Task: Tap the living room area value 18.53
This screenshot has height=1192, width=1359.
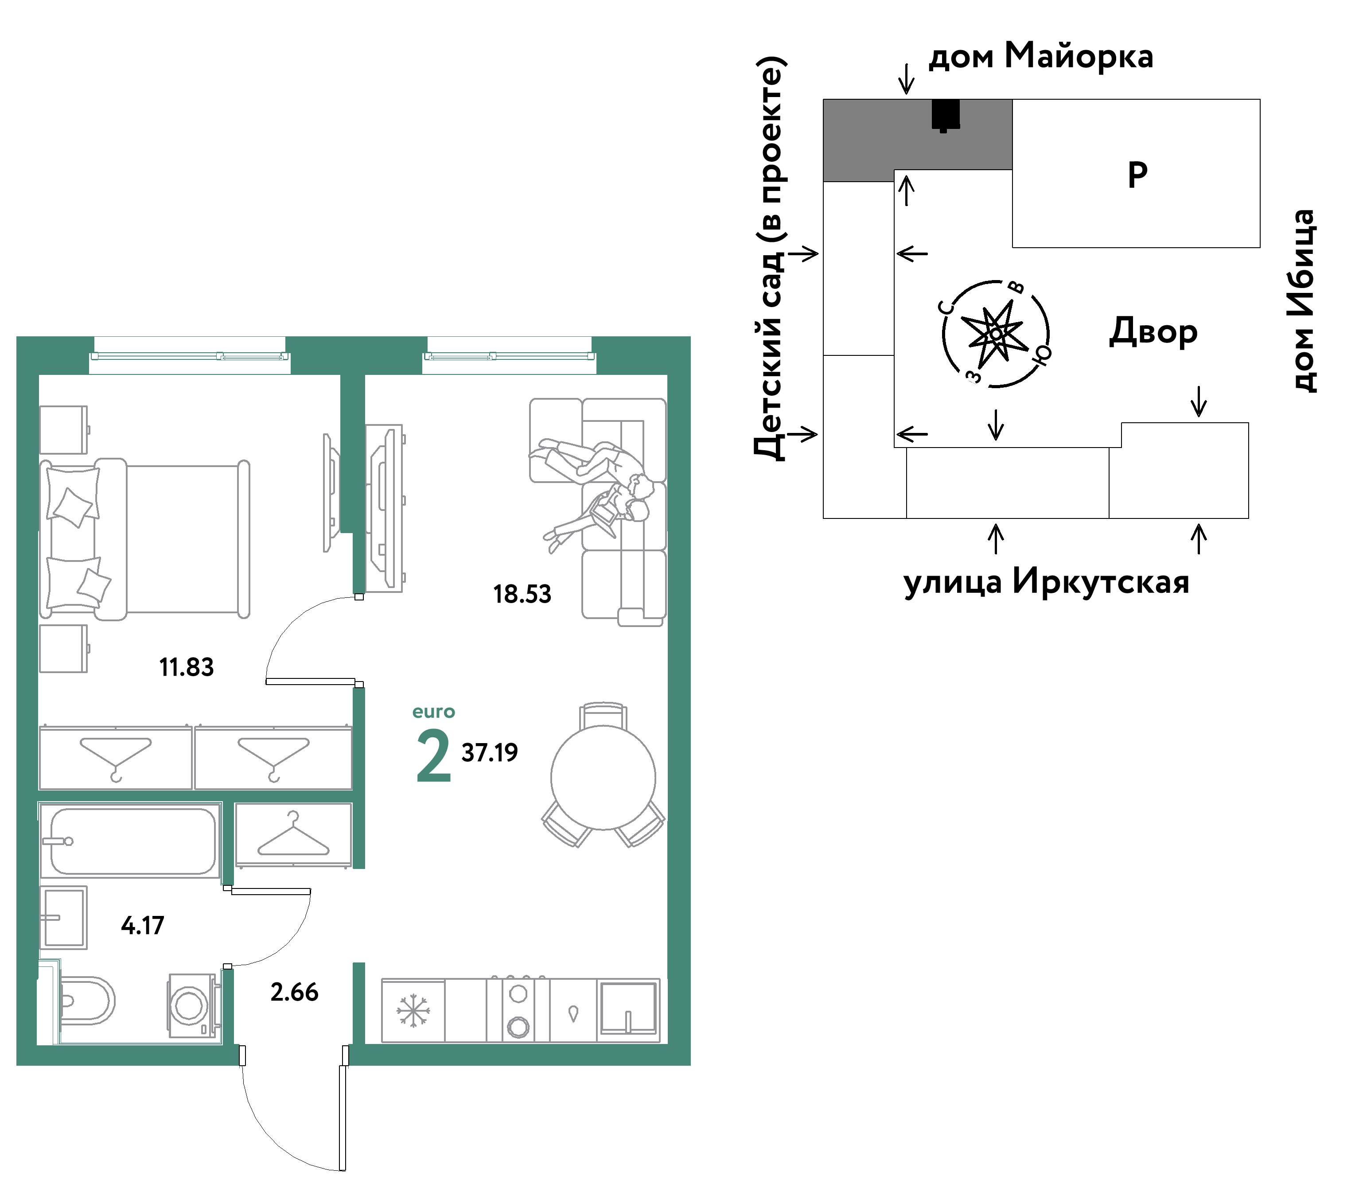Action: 522,594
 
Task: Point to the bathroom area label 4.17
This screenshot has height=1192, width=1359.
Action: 142,925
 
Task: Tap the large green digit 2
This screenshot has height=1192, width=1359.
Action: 433,756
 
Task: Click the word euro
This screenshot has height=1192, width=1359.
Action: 433,712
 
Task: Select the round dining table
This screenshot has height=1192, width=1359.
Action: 603,778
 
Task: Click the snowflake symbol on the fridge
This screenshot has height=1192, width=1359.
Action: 413,1010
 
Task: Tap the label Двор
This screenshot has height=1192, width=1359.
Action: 1153,332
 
